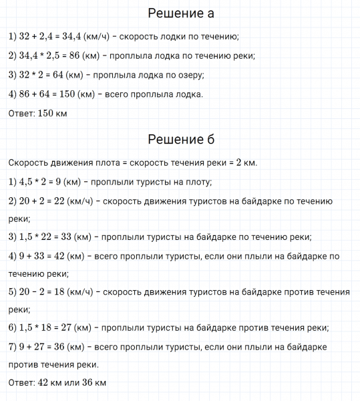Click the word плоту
197,181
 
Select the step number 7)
13,347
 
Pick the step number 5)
13,292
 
